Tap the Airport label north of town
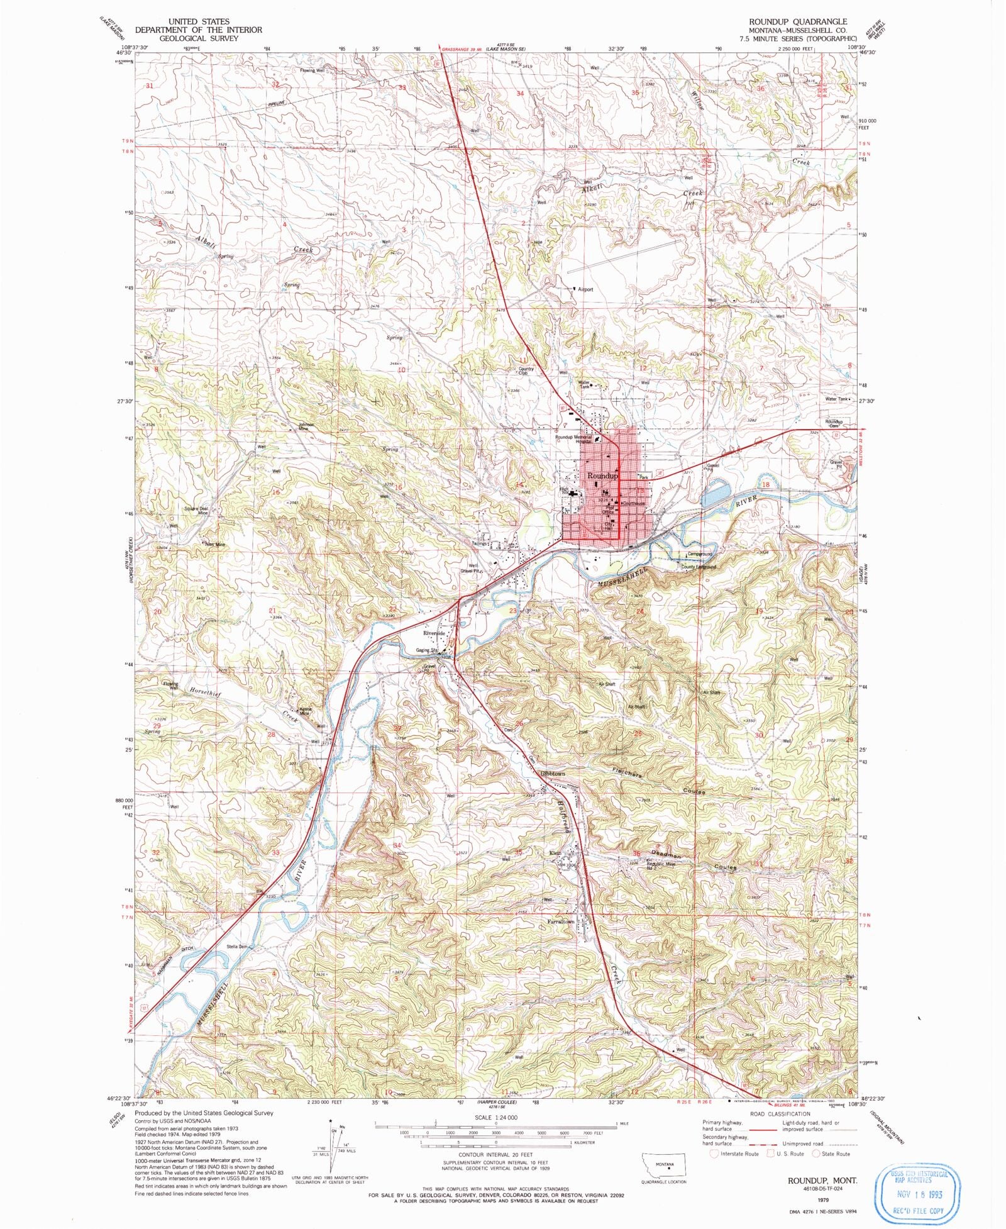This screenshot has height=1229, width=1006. pos(585,290)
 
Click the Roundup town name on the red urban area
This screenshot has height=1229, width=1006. pos(602,477)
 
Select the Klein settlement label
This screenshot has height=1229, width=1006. pos(555,853)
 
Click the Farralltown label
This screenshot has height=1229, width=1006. pos(560,921)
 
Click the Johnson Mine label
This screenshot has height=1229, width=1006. pos(306,426)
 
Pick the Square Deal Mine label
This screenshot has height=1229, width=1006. pos(196,510)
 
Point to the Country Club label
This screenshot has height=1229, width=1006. pos(526,371)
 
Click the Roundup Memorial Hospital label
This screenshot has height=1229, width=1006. pos(573,439)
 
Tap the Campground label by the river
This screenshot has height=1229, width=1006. pos(700,554)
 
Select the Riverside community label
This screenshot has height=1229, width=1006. pos(434,633)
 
